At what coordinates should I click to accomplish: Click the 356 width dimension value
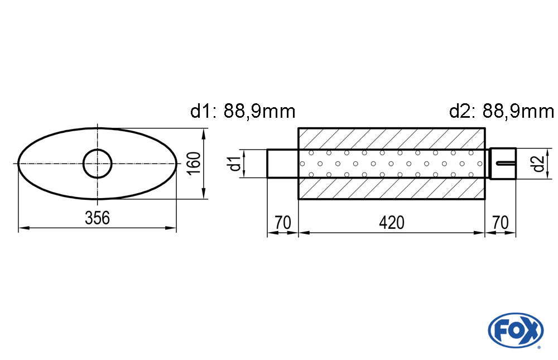(x=97, y=218)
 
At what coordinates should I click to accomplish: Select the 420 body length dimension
(x=391, y=223)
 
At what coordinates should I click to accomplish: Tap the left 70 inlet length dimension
(x=283, y=223)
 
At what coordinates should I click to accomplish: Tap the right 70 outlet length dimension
(x=501, y=223)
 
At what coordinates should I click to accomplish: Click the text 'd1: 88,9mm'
(x=243, y=112)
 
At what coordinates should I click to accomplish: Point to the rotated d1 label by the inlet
(x=235, y=164)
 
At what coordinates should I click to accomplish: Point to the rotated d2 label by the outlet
(x=537, y=164)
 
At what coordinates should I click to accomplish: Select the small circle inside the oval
(x=98, y=164)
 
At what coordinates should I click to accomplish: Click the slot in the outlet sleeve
(x=504, y=163)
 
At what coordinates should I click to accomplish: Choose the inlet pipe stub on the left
(x=282, y=164)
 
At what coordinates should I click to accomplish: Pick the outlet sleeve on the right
(x=502, y=164)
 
